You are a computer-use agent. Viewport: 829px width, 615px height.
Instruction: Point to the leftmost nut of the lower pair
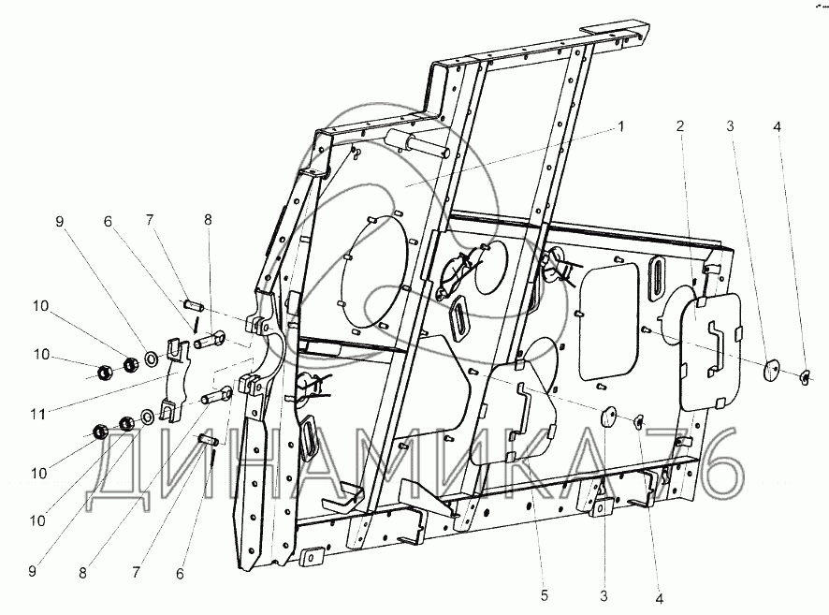pos(99,432)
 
